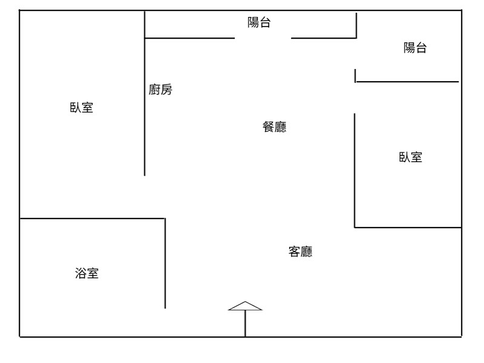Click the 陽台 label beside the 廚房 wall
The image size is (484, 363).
259,23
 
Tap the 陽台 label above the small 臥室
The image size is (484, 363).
415,48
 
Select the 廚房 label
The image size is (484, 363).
160,90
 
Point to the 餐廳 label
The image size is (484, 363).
274,127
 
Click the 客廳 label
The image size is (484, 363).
300,252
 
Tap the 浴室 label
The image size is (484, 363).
87,273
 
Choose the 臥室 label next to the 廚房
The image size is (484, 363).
82,109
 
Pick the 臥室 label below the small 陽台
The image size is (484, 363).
410,157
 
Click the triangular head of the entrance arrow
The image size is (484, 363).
245,306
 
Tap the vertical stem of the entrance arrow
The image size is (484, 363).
245,324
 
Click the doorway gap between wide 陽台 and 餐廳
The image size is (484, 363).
263,38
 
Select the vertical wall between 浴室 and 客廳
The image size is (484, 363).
165,263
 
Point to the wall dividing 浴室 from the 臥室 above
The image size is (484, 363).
91,218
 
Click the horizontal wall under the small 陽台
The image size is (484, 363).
407,82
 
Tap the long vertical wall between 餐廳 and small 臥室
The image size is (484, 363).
355,169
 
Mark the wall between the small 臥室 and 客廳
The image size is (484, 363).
407,227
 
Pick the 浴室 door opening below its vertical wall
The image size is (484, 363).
165,322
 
